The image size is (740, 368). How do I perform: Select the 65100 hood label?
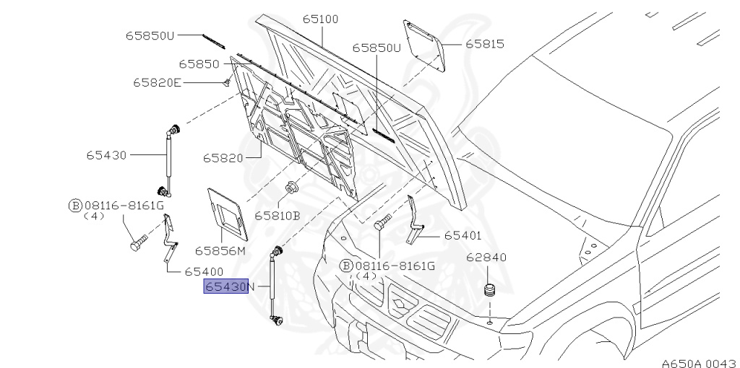coord(320,19)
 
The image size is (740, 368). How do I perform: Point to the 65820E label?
coord(157,82)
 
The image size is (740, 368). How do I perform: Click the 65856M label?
coord(220,251)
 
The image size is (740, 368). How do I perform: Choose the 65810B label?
coord(277,215)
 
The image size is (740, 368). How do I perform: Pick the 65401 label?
coord(462,236)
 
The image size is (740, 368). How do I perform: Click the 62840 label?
coord(486,257)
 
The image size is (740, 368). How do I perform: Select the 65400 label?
coord(204,272)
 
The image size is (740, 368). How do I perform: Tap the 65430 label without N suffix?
coord(106,154)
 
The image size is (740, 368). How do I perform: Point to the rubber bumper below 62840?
coord(489,292)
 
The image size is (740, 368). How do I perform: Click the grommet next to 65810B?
coord(293,189)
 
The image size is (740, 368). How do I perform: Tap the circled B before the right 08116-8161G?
coord(346,266)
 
